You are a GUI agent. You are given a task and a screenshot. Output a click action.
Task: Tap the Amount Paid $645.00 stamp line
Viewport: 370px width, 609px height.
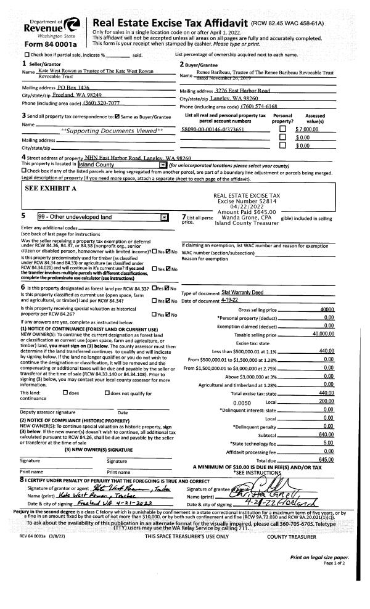(247, 212)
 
